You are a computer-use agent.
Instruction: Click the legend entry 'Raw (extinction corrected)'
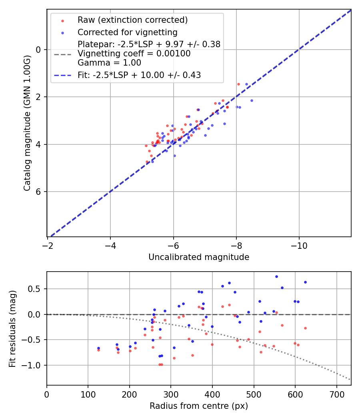pos(132,20)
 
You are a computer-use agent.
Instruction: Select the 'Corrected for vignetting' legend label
pos(127,32)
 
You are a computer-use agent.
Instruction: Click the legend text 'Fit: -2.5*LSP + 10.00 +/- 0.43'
pos(139,75)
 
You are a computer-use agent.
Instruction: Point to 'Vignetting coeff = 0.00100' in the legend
pos(134,54)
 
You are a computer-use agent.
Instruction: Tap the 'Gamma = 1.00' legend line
pos(109,63)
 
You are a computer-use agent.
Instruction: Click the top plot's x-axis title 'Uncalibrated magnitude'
pos(199,257)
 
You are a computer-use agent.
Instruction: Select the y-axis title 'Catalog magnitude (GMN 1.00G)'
pos(27,123)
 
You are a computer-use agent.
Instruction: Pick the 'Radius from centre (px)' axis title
pos(199,406)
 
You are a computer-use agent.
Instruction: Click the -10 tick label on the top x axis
pos(299,245)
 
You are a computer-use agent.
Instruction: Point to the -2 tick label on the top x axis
pos(48,245)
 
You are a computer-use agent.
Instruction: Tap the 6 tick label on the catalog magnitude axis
pos(39,192)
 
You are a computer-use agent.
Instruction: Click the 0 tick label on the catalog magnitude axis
pos(39,50)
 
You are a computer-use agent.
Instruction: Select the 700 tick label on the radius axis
pos(336,394)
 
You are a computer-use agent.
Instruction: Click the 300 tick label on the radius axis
pos(171,394)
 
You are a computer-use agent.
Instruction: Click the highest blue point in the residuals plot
pos(276,276)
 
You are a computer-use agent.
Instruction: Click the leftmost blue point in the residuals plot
pos(98,348)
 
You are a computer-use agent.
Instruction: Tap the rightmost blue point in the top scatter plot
pos(252,100)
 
